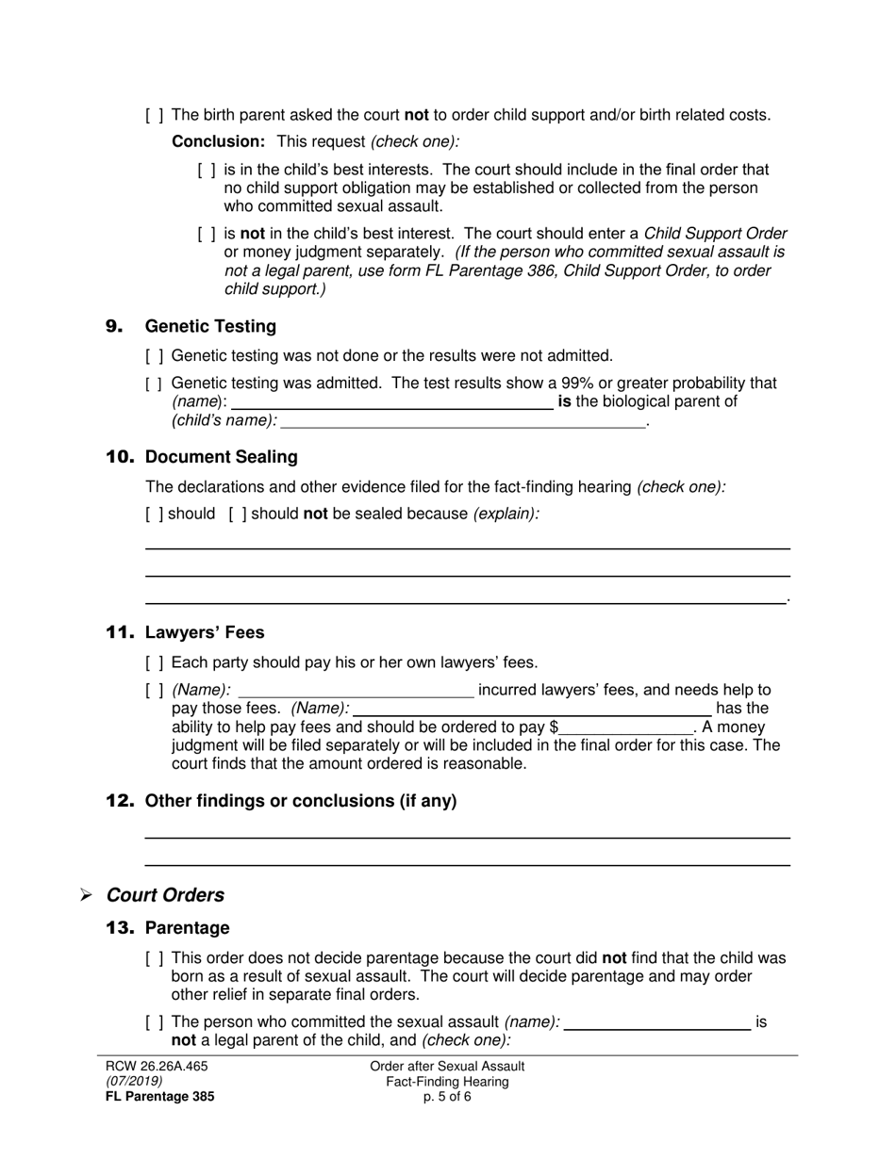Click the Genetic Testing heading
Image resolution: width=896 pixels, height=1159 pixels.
(209, 327)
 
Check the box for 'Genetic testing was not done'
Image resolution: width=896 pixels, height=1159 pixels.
(155, 356)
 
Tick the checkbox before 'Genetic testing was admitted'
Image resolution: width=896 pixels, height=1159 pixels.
(155, 384)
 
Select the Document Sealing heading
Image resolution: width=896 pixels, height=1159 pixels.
(221, 457)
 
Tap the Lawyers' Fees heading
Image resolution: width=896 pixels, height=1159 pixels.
(205, 632)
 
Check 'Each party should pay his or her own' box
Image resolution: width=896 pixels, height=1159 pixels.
(155, 662)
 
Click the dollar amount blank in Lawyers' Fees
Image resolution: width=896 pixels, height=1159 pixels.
(625, 727)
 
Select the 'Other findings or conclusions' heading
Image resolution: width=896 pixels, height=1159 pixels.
(300, 801)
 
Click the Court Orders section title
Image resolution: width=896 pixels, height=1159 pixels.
(165, 895)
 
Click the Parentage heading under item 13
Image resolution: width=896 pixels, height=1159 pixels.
(187, 928)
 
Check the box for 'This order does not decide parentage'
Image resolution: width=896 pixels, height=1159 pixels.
(155, 958)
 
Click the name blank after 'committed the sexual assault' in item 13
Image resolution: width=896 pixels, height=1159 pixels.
(656, 1022)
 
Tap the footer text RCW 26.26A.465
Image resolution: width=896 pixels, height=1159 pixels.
(157, 1067)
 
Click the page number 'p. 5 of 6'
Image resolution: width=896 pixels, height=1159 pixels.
(447, 1097)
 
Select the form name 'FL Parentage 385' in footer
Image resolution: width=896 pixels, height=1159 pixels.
(159, 1097)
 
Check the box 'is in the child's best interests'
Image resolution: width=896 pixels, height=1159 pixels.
(207, 171)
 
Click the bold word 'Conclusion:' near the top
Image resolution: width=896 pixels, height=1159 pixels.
(218, 141)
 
